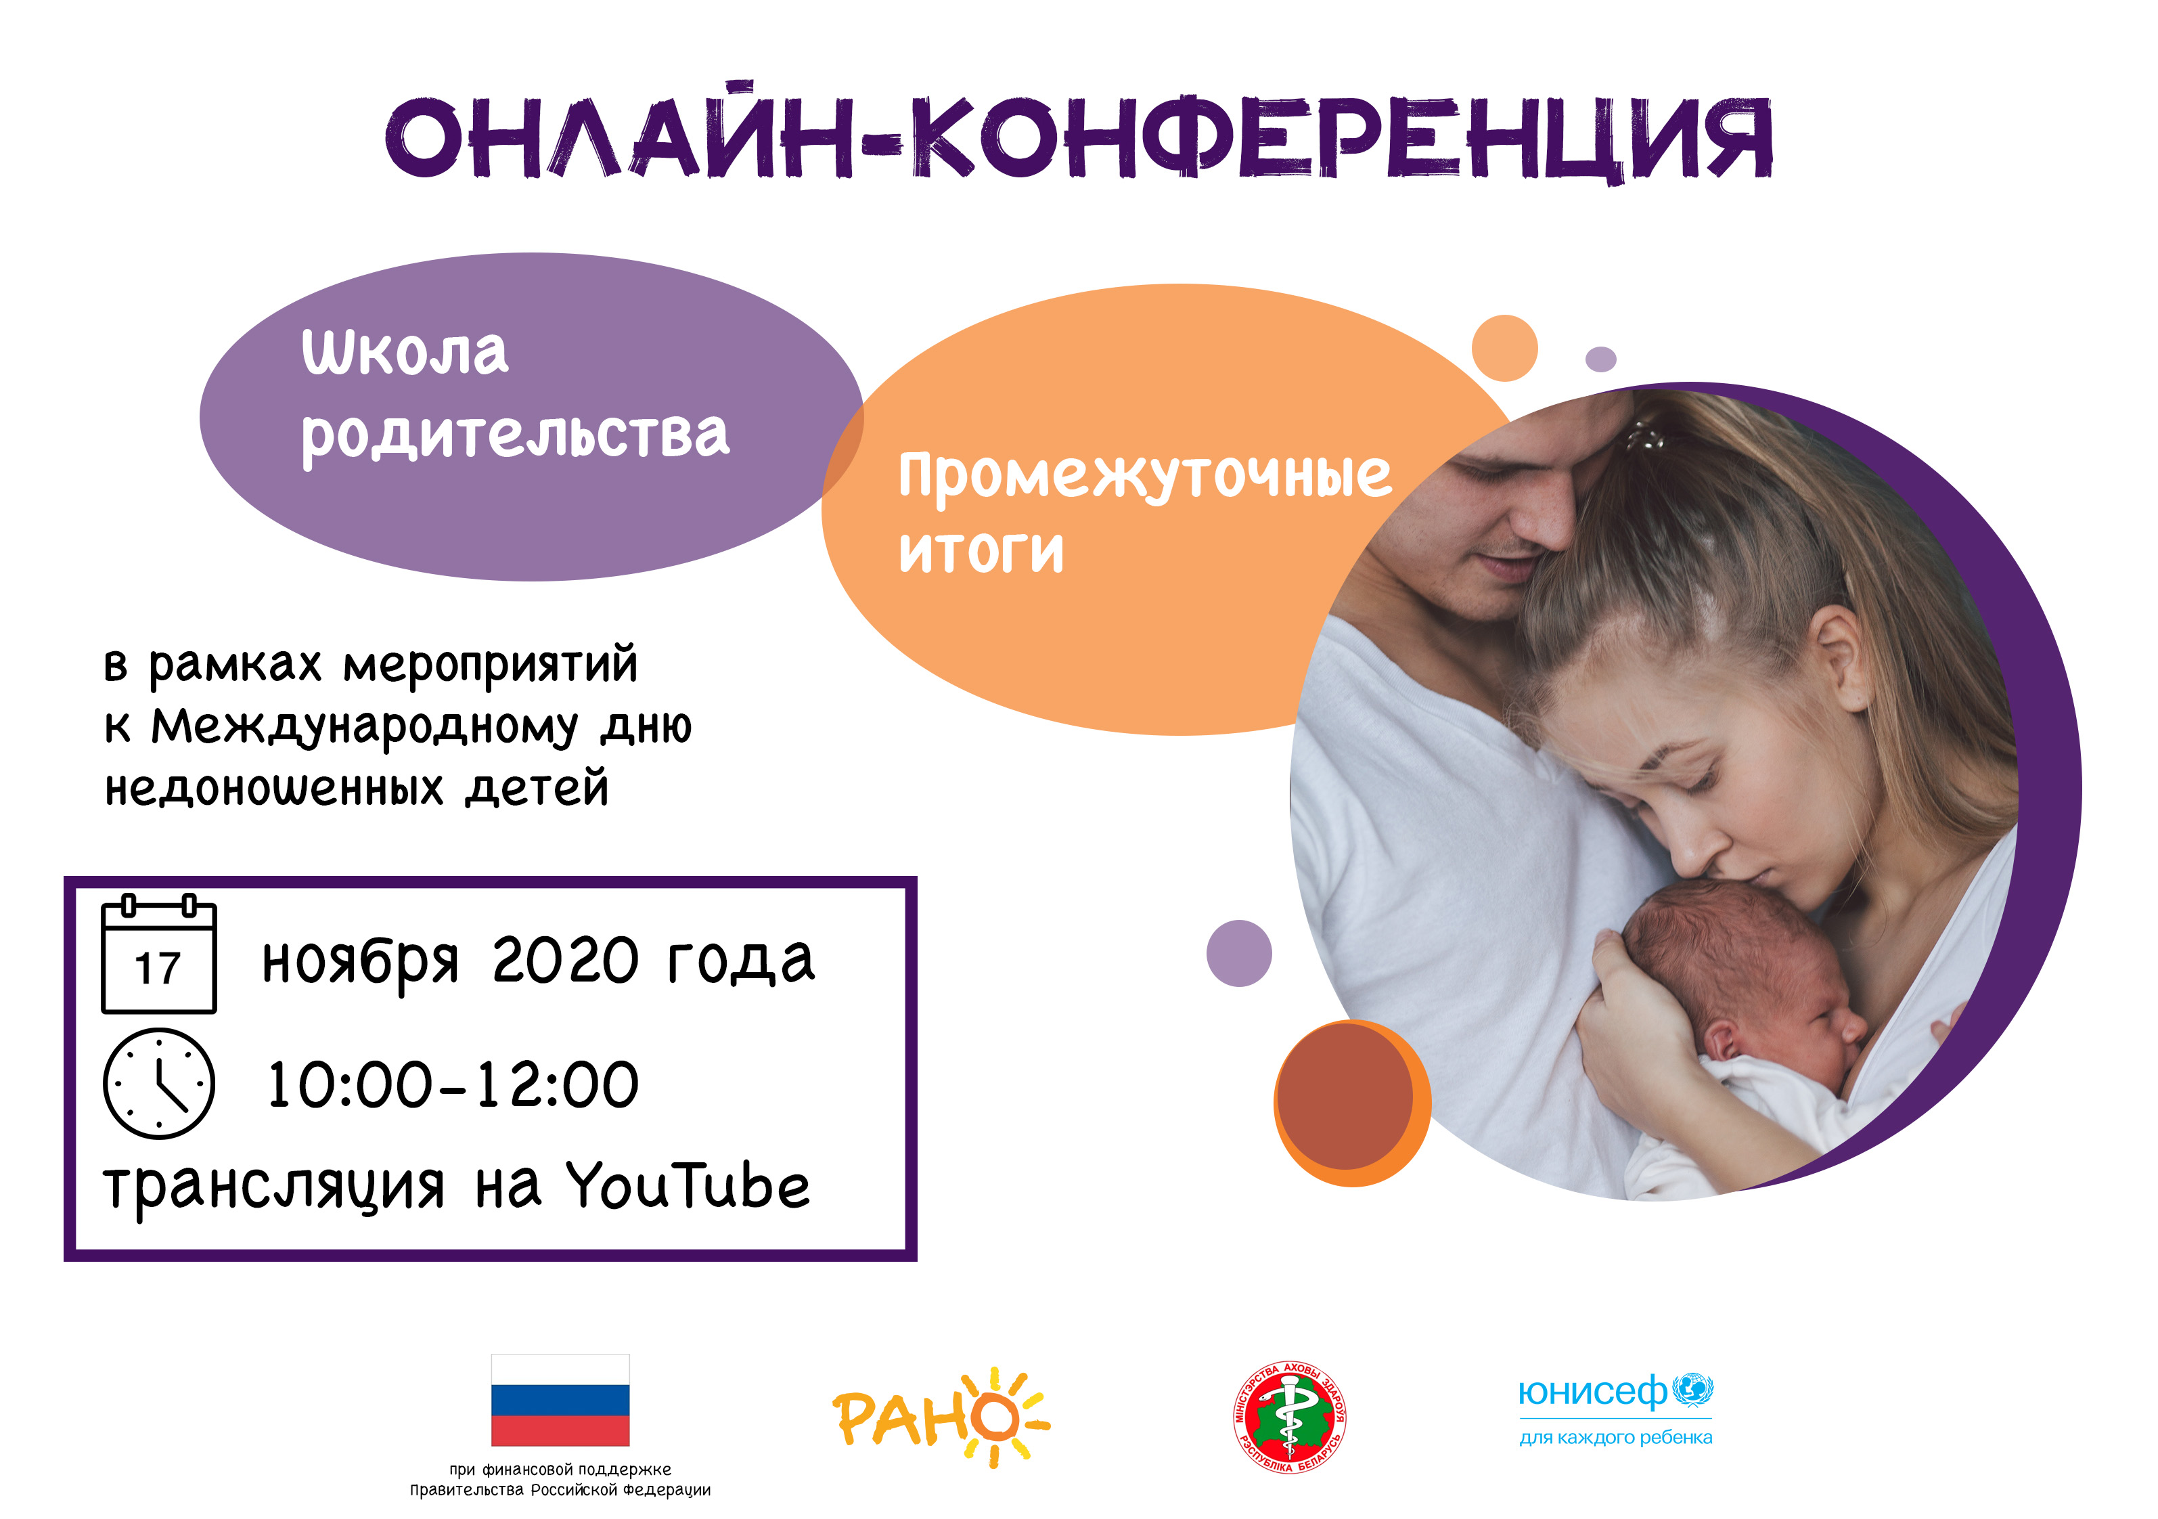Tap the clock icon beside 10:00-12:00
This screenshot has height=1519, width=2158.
point(159,1084)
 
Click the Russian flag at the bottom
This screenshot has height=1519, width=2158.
point(560,1400)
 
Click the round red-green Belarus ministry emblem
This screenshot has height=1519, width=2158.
point(1290,1417)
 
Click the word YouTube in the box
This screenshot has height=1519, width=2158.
point(687,1185)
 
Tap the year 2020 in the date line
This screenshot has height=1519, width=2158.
point(566,960)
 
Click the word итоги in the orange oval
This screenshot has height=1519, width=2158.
point(981,551)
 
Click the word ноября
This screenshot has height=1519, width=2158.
point(361,963)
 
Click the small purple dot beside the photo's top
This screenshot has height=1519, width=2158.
point(1600,359)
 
